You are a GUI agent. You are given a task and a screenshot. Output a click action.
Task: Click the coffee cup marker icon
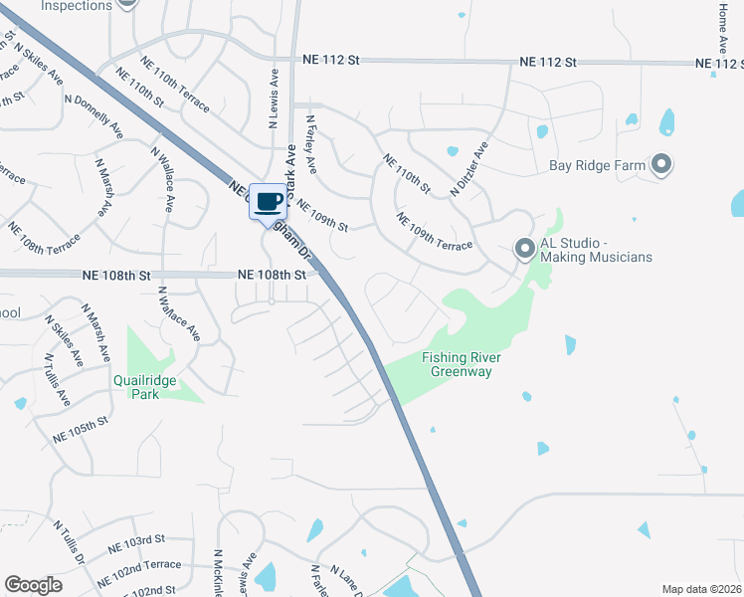(268, 202)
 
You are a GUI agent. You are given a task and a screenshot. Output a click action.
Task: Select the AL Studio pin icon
(524, 249)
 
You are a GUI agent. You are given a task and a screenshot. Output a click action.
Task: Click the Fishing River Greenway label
(461, 364)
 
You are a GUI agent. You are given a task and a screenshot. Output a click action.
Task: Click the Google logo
(34, 585)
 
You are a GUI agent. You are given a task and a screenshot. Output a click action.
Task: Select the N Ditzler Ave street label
(469, 168)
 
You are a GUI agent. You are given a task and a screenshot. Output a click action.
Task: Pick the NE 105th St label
(81, 431)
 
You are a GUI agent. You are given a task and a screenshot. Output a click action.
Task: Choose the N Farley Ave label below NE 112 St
(310, 142)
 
